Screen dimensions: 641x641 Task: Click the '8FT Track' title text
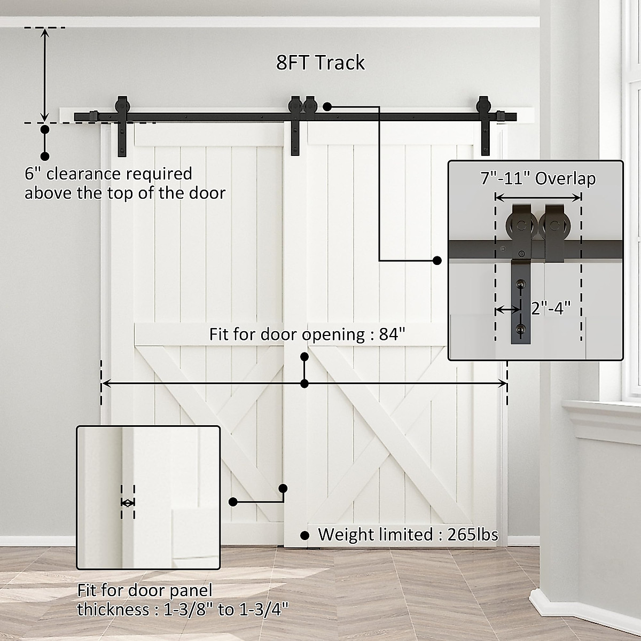tap(320, 63)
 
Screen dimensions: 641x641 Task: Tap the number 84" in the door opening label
tap(393, 335)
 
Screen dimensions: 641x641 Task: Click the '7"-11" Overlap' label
tap(537, 178)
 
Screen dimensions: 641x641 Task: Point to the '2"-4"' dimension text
tap(551, 308)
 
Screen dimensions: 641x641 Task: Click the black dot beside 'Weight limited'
tap(305, 535)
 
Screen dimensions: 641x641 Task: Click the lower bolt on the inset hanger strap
tap(519, 329)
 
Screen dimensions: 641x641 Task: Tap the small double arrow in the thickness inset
tap(128, 503)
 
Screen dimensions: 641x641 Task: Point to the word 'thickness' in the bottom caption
tap(110, 609)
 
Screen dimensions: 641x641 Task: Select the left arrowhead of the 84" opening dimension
tap(105, 384)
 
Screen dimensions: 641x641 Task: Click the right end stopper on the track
tap(501, 116)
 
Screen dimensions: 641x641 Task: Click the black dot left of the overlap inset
tap(437, 261)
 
